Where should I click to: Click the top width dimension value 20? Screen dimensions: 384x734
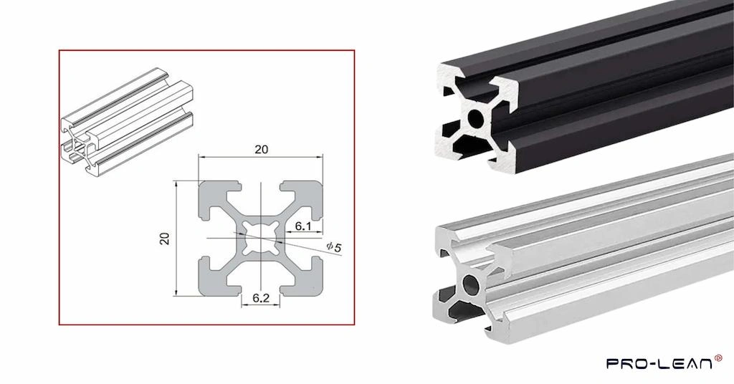point(261,149)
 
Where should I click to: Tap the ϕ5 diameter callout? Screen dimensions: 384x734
point(333,247)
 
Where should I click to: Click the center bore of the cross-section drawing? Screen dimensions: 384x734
point(260,238)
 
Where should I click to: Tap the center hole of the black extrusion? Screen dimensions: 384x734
point(475,117)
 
